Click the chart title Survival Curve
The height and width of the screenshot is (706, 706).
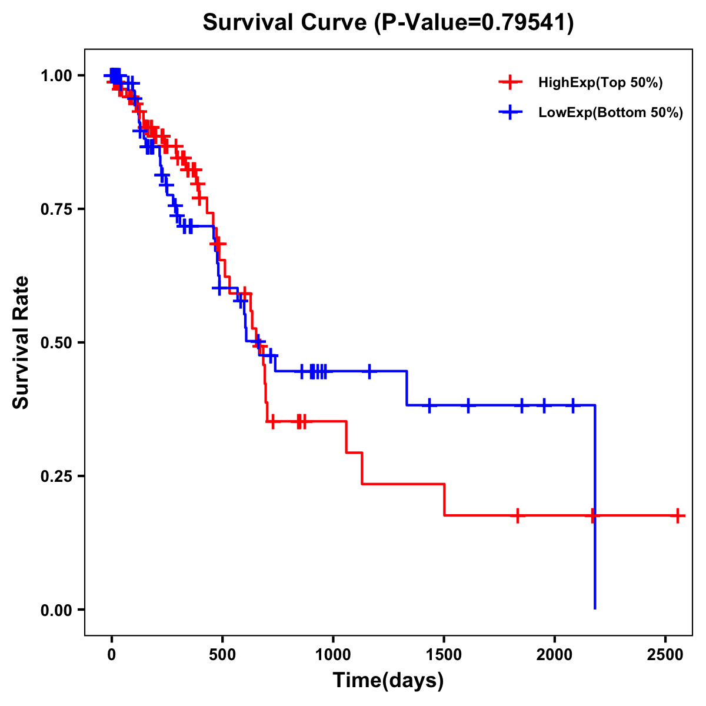tap(388, 23)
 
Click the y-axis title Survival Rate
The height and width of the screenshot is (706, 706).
tap(21, 342)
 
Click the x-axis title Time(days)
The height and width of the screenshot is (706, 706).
tap(388, 681)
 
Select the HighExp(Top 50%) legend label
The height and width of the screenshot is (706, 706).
tap(600, 83)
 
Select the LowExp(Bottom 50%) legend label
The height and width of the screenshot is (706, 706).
tap(611, 113)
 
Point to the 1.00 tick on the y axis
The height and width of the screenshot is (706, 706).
tap(56, 75)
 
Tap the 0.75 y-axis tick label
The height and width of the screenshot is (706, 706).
tap(56, 209)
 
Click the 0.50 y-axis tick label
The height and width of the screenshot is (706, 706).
tap(56, 342)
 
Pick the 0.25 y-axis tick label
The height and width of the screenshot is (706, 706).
tap(56, 476)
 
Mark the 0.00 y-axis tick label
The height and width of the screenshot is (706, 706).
tap(56, 610)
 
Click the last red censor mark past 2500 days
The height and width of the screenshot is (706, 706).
tap(678, 515)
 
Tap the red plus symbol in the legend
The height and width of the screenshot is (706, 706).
tap(510, 83)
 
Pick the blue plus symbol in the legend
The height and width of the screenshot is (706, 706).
tap(510, 113)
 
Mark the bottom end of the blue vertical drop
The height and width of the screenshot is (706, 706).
tap(595, 608)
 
